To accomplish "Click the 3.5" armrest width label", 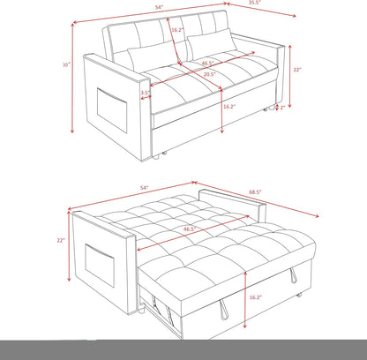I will click(x=143, y=90).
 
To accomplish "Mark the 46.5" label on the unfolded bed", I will click(x=189, y=229).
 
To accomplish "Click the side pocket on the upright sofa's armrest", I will click(x=109, y=109).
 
